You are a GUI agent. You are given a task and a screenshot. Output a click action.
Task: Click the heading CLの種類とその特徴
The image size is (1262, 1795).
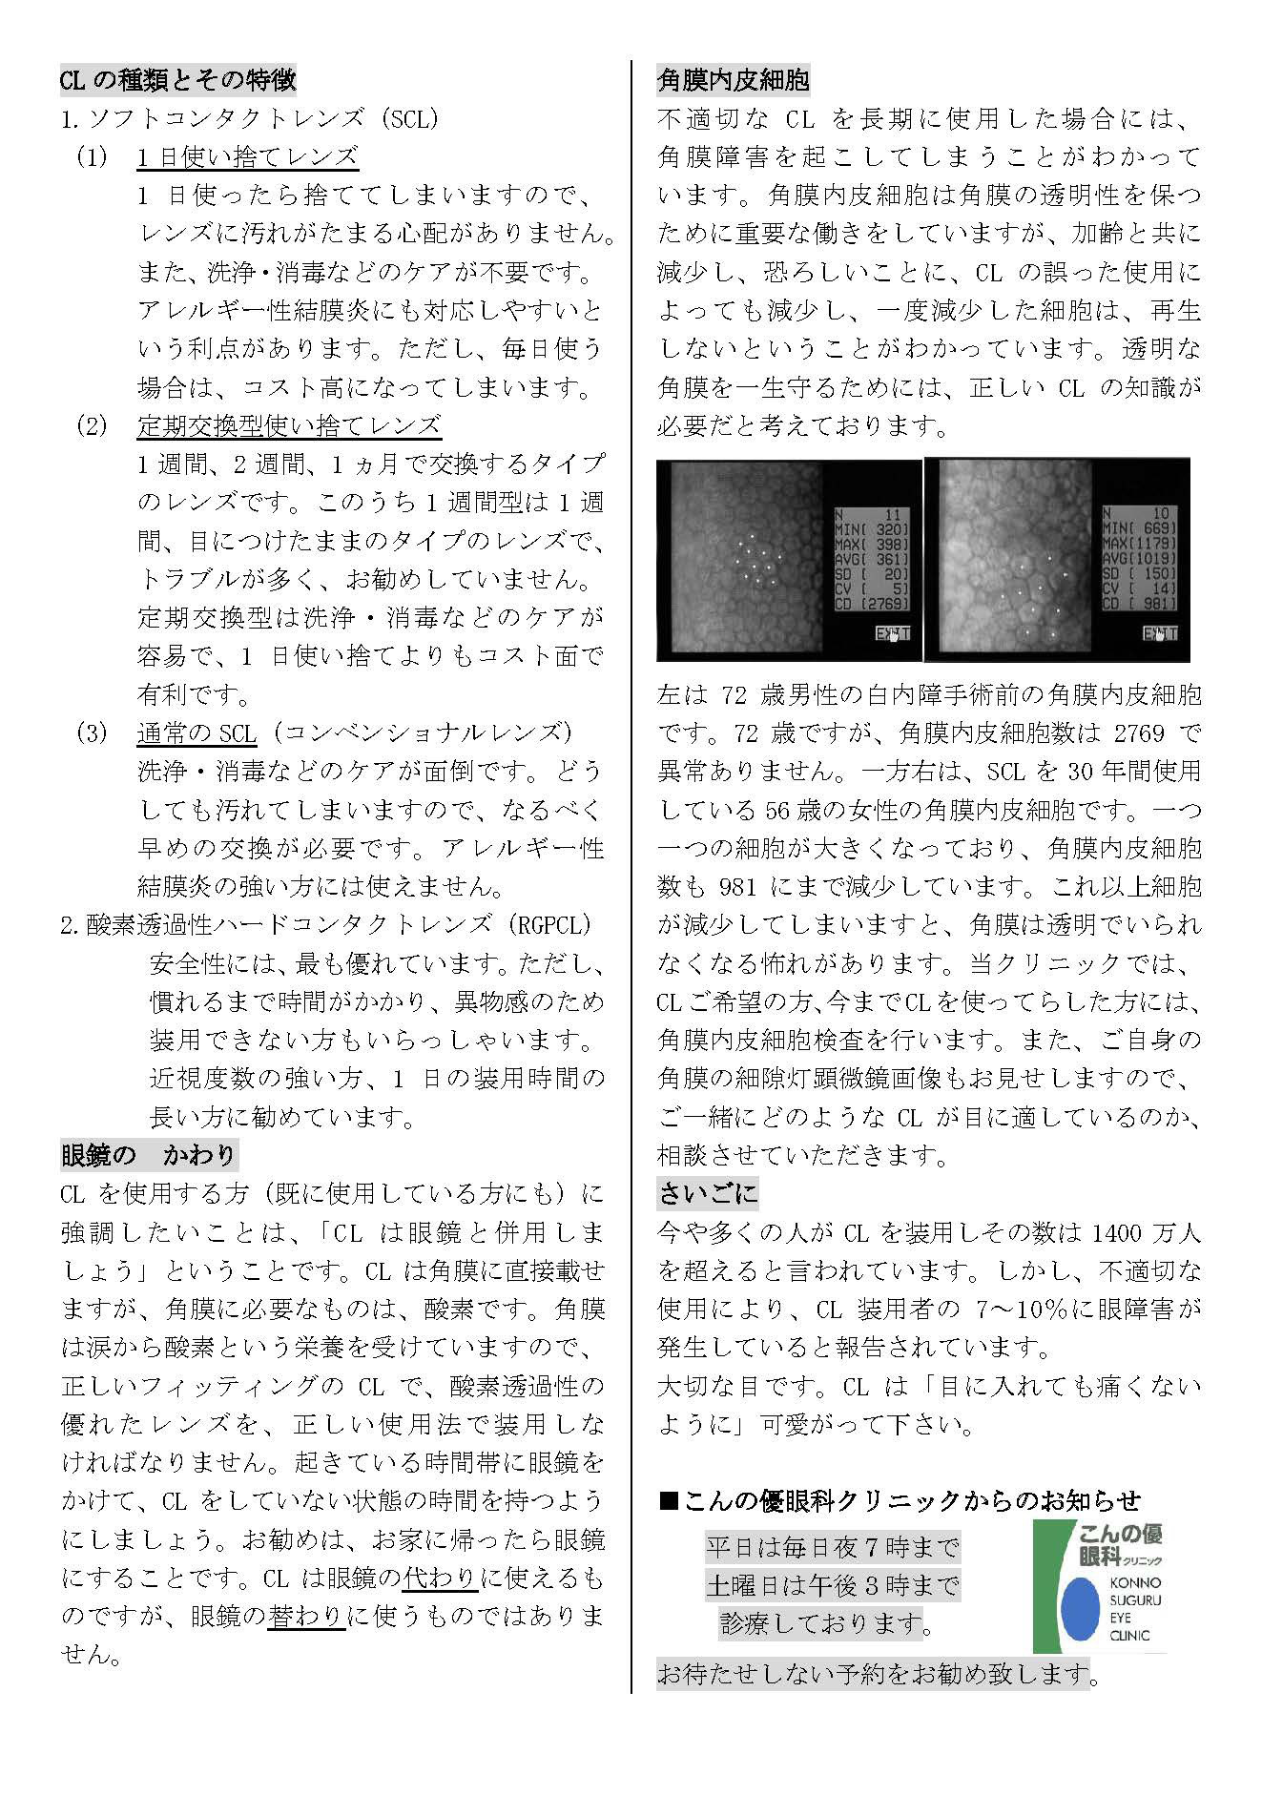click(x=177, y=80)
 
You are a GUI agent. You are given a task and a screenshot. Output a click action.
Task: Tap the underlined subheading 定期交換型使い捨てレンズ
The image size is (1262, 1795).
click(x=289, y=425)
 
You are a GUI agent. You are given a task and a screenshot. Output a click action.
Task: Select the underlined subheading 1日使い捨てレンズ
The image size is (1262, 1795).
click(x=247, y=157)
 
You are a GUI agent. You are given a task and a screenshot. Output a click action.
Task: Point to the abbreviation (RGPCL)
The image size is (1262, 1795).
click(x=550, y=924)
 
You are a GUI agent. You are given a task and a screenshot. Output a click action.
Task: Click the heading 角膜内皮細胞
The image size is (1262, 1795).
click(x=733, y=80)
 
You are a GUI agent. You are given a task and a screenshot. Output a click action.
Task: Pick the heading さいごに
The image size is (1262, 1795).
click(x=707, y=1192)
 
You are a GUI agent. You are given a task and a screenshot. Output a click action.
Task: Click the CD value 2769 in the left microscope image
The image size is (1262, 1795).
click(x=886, y=604)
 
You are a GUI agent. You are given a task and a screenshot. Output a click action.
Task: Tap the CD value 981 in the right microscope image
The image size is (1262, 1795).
click(x=1159, y=604)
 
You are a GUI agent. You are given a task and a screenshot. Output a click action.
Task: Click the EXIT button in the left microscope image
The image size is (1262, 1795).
click(x=893, y=633)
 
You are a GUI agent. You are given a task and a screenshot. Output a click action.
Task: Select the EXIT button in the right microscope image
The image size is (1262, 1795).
click(x=1160, y=633)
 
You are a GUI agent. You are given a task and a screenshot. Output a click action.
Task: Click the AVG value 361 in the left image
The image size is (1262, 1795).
click(x=887, y=558)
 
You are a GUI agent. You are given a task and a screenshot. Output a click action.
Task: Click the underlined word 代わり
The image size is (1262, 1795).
click(x=440, y=1578)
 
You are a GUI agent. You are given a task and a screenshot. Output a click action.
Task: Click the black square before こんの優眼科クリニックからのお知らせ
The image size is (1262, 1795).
click(x=669, y=1501)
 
